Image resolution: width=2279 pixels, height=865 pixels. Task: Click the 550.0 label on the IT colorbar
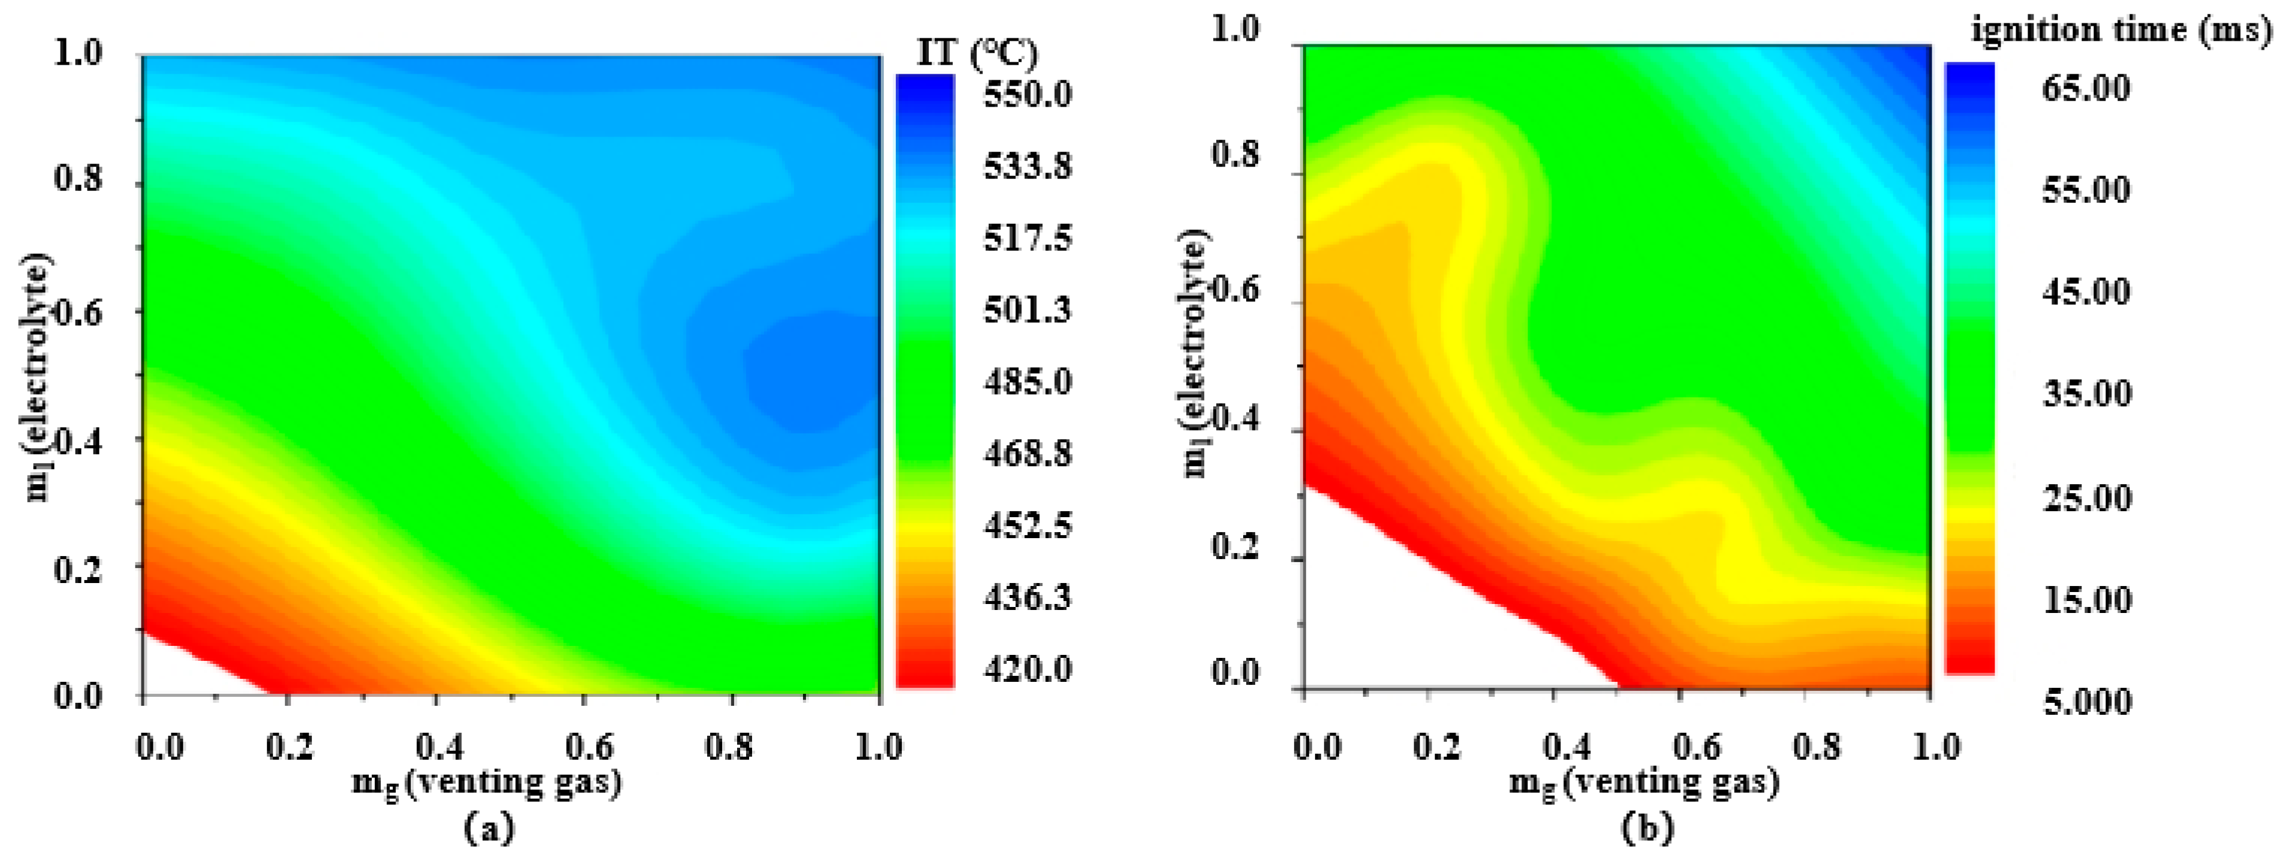1027,92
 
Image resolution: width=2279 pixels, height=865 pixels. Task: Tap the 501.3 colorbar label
1027,309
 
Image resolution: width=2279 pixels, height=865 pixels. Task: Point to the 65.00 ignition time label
2086,89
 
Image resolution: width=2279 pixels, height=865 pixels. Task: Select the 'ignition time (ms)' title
2122,29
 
